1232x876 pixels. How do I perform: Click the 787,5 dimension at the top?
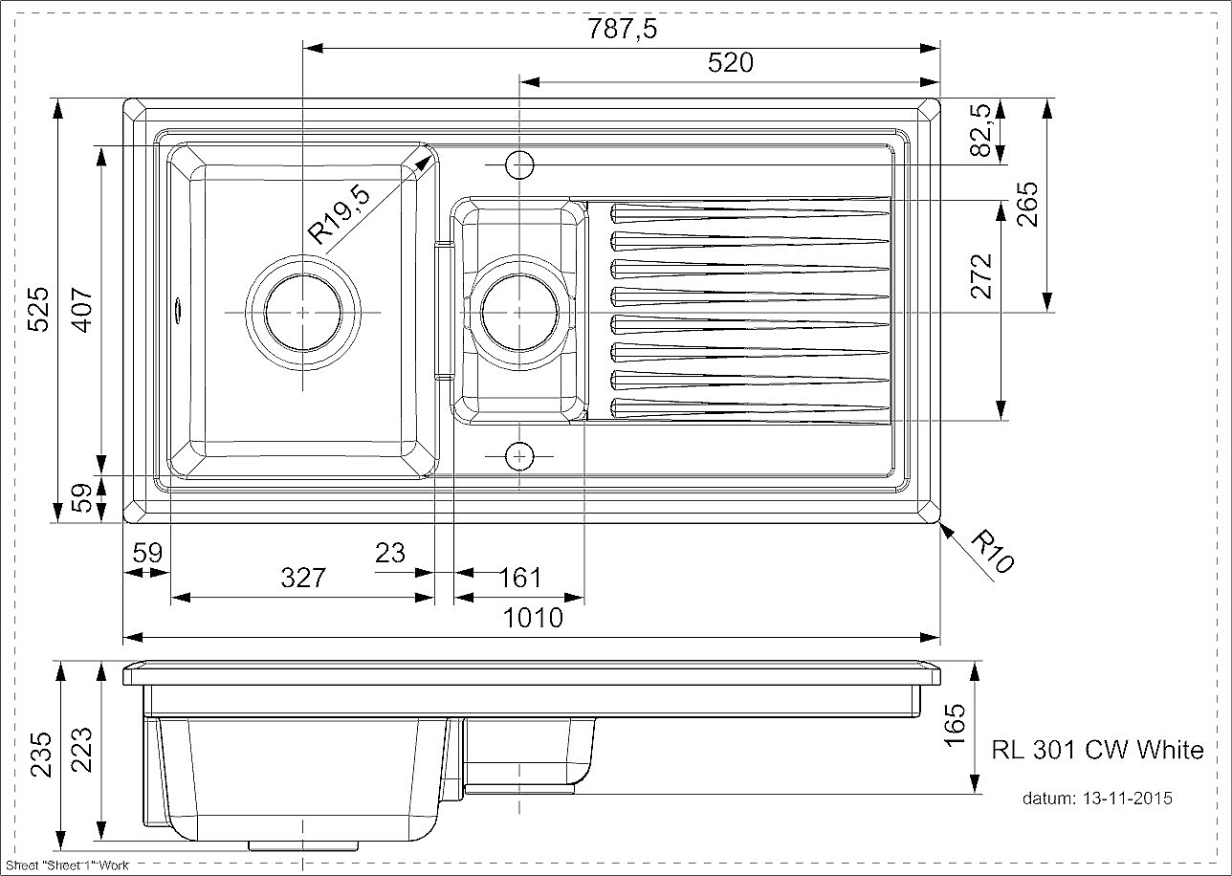[622, 29]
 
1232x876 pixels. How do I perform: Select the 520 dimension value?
[730, 63]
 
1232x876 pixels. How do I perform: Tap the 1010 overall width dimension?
[533, 618]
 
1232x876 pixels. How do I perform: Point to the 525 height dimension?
[39, 310]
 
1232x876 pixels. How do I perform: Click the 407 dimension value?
[82, 310]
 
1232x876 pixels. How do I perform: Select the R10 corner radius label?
[992, 552]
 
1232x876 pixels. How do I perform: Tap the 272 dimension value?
[980, 276]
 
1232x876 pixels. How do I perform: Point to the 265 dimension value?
[1027, 204]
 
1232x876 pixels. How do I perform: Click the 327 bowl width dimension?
[303, 578]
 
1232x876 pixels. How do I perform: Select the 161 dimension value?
[519, 578]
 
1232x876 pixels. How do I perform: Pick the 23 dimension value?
[390, 553]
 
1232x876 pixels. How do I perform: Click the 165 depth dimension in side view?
[955, 725]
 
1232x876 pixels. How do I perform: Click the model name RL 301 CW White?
[1097, 750]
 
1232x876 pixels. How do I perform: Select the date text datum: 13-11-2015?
[1097, 798]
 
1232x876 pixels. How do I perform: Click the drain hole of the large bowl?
[303, 313]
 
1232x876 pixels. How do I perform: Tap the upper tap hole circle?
[519, 164]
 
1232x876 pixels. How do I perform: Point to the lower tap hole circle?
[519, 456]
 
